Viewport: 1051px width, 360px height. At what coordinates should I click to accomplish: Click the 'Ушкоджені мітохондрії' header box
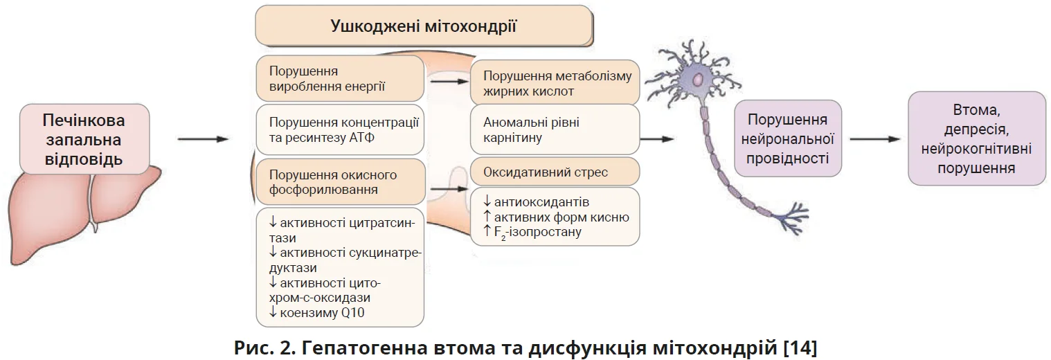pyautogui.click(x=424, y=28)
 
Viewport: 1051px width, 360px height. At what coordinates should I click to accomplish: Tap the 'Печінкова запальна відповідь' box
pyautogui.click(x=84, y=139)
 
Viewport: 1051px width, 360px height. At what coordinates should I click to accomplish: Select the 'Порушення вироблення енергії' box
pyautogui.click(x=339, y=79)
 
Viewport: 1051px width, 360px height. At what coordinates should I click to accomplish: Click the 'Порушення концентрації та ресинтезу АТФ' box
pyautogui.click(x=339, y=129)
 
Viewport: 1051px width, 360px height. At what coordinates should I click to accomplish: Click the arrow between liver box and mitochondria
pyautogui.click(x=203, y=139)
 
